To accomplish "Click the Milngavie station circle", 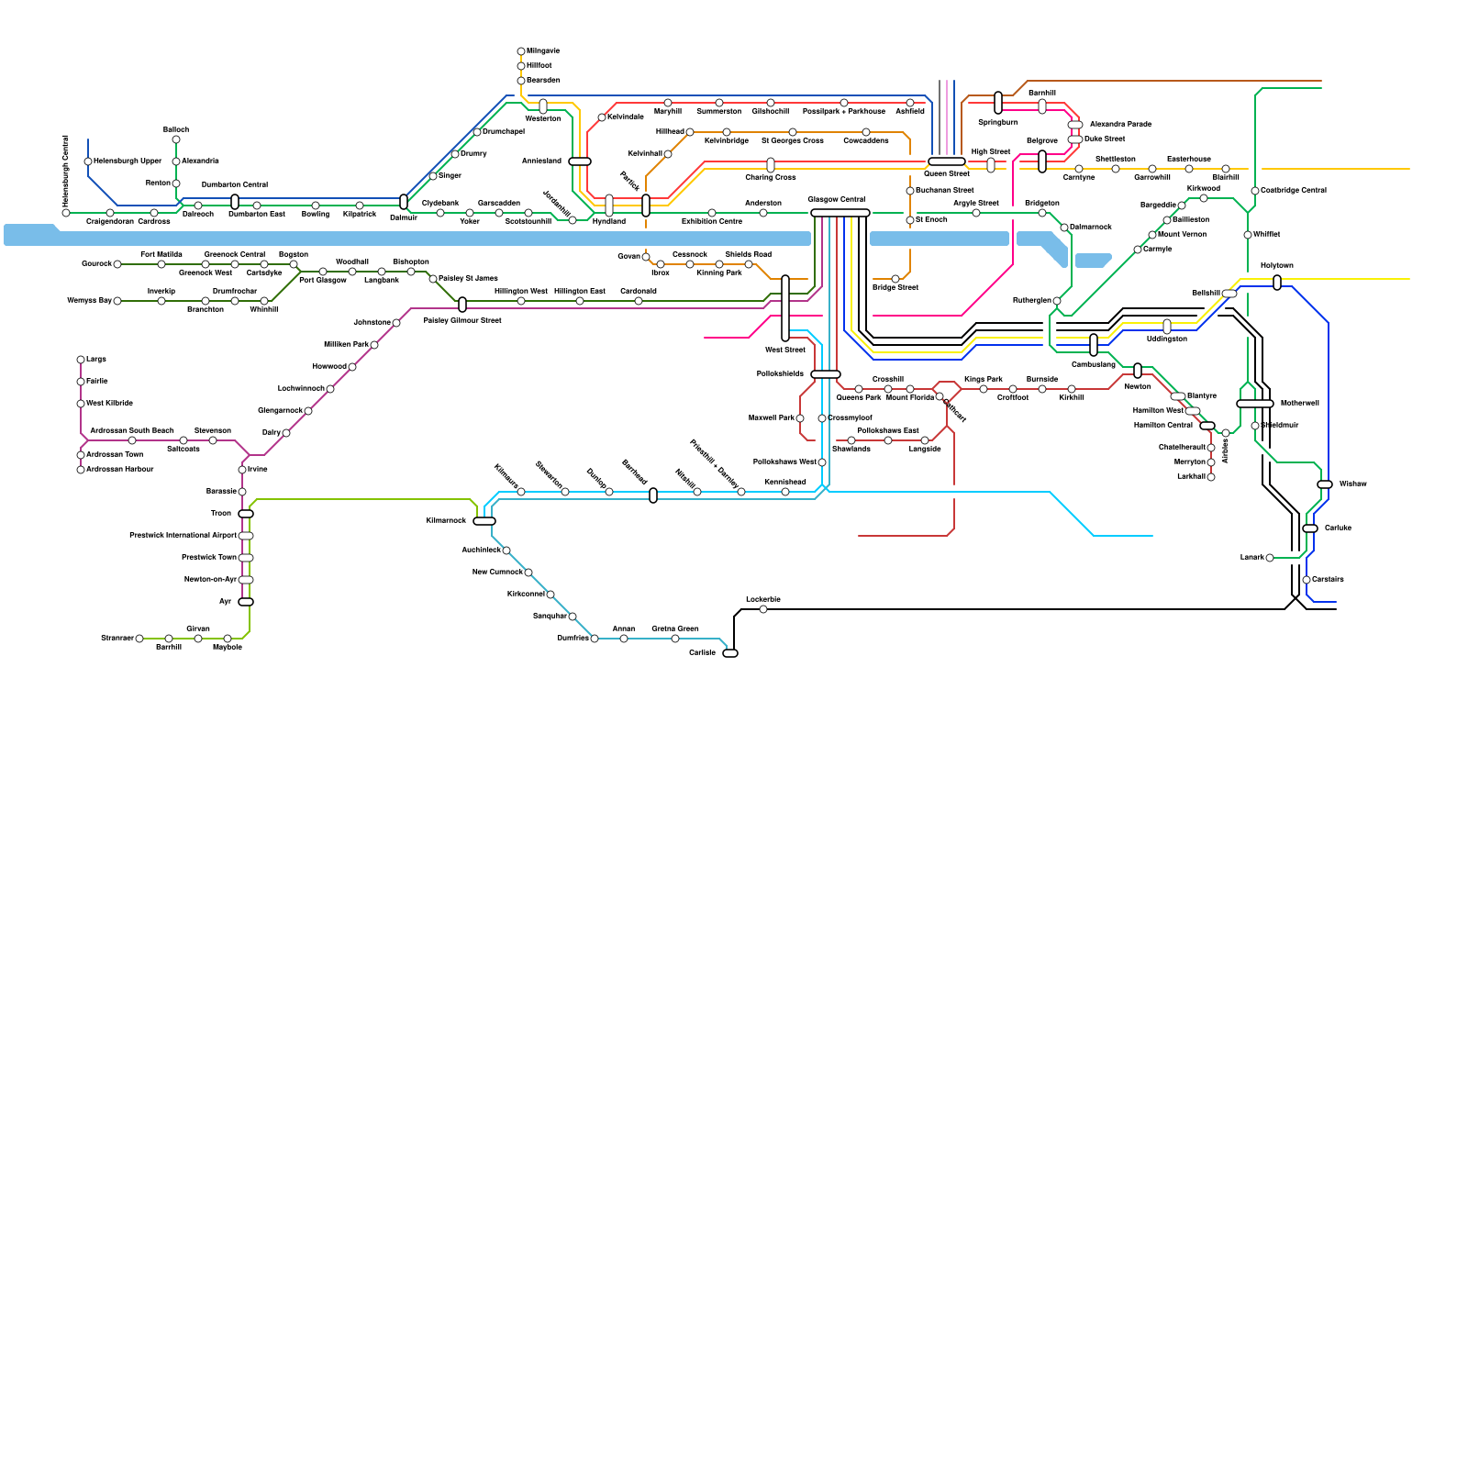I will tap(521, 51).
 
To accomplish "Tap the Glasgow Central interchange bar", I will tap(840, 213).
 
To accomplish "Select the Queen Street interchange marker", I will tap(946, 161).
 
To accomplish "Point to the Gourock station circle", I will tap(117, 264).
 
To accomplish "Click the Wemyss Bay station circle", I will tap(117, 301).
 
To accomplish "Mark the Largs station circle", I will tap(81, 360).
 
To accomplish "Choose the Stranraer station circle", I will tap(139, 639).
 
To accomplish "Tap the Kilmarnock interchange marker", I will tap(484, 521).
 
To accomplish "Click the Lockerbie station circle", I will tap(763, 609).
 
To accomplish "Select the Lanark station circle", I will tap(1270, 558).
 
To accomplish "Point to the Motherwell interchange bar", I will tap(1255, 404).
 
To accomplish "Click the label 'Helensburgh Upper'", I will tap(128, 161).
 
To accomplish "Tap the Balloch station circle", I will tap(176, 139).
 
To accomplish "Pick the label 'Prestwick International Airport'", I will tap(183, 536).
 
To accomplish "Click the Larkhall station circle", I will tap(1211, 477).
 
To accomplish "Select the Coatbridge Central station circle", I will tap(1255, 191).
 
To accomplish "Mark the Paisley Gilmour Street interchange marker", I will tap(462, 305).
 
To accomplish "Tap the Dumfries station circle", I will tap(595, 639).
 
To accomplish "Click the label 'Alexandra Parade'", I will tap(1120, 124).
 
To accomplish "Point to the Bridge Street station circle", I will tap(895, 279).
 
